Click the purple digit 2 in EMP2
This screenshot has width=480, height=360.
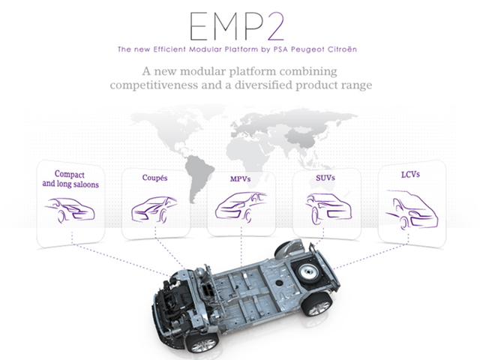tap(276, 26)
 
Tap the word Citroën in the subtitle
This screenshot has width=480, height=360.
tap(343, 49)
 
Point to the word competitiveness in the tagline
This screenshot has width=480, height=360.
tap(154, 85)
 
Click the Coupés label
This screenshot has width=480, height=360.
tap(154, 178)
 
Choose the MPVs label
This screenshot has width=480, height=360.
tap(240, 178)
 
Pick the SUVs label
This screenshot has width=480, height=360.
tap(325, 178)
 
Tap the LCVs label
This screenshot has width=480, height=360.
tap(410, 175)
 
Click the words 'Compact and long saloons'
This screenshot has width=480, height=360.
tap(70, 179)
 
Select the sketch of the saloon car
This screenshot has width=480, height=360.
tap(70, 210)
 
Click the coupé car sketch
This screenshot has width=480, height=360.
tap(154, 209)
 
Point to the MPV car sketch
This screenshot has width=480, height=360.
tap(241, 206)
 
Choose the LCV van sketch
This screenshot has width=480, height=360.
tap(412, 210)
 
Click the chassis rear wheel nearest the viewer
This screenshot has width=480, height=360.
tap(317, 305)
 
